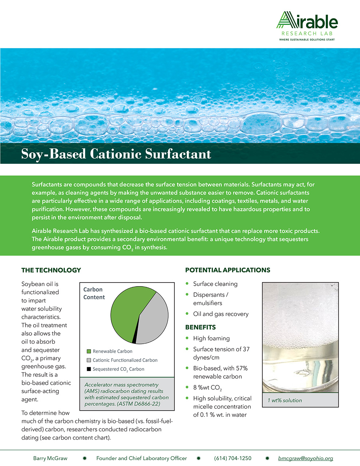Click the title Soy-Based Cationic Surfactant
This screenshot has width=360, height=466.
tap(116, 154)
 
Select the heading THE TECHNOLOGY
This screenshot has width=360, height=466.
tap(51, 270)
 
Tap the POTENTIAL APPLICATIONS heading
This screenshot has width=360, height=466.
tap(228, 270)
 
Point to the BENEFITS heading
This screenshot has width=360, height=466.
tap(200, 327)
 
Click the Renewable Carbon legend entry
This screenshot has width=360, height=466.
tap(112, 351)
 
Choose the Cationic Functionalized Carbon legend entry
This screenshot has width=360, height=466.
tap(124, 360)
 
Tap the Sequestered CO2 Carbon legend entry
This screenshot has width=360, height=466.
tap(118, 369)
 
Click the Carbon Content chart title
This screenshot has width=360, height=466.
tap(94, 293)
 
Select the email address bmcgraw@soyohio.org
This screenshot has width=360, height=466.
tap(305, 458)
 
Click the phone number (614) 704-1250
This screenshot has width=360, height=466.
tap(233, 458)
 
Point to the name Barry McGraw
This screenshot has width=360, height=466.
tap(50, 458)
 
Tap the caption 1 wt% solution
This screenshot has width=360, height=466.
tap(285, 400)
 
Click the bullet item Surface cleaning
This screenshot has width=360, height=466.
tap(215, 284)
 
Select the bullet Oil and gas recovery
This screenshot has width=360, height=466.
tap(221, 314)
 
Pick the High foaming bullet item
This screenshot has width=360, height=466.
tap(211, 338)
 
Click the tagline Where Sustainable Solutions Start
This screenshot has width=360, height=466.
tap(307, 39)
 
